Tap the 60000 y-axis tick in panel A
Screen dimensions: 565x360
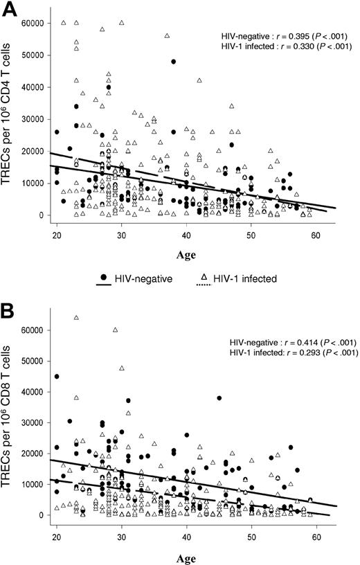(35, 23)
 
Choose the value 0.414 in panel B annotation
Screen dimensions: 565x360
(297, 342)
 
